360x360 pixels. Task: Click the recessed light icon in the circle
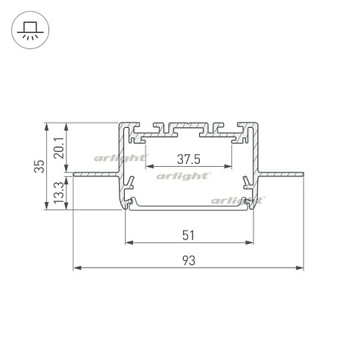(x=30, y=30)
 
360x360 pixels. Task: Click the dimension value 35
(x=43, y=166)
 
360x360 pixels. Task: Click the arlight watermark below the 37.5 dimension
(x=183, y=176)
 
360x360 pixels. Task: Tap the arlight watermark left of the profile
(x=118, y=157)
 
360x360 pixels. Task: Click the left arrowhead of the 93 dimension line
(x=76, y=269)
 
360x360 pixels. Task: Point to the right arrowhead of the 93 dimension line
(x=300, y=269)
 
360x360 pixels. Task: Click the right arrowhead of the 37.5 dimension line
(x=229, y=167)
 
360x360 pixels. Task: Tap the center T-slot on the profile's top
(x=189, y=126)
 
